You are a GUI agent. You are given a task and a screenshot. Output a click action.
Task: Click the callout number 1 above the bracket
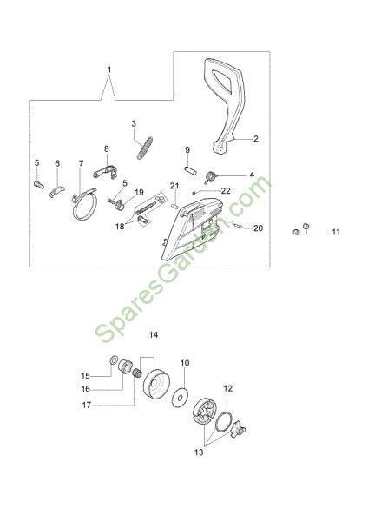[x=109, y=69]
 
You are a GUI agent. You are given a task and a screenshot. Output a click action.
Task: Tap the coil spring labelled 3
[x=145, y=148]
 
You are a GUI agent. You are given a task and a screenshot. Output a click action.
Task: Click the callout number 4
[x=252, y=175]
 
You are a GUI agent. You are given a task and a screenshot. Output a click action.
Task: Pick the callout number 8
[x=106, y=148]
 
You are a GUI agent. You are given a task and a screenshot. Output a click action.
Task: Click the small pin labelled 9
[x=191, y=168]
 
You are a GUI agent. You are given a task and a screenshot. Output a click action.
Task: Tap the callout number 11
[x=336, y=232]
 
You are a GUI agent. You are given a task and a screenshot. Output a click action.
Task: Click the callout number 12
[x=228, y=388]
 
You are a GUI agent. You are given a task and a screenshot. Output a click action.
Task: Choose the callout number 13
[x=199, y=452]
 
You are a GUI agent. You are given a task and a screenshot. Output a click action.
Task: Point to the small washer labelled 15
[x=113, y=359]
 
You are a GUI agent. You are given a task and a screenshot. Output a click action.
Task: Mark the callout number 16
[x=86, y=388]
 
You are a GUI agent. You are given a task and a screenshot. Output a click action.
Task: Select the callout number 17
[x=86, y=406]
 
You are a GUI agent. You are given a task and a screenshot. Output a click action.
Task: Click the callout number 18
[x=120, y=227]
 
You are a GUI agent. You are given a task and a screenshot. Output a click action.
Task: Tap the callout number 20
[x=258, y=228]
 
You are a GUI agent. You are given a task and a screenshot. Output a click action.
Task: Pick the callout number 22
[x=226, y=191]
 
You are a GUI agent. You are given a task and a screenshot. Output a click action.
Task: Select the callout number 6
[x=57, y=163]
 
